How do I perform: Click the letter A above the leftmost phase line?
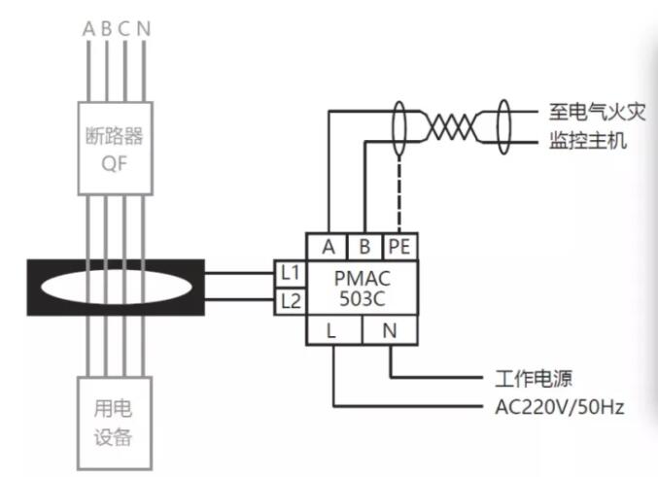pyautogui.click(x=88, y=28)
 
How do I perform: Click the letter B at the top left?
pyautogui.click(x=107, y=28)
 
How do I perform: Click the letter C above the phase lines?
pyautogui.click(x=124, y=28)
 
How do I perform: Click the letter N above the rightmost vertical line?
pyautogui.click(x=144, y=28)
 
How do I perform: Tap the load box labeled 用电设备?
pyautogui.click(x=116, y=425)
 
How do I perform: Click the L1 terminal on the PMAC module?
pyautogui.click(x=290, y=273)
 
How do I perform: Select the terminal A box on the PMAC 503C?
pyautogui.click(x=327, y=246)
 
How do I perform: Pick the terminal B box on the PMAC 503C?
pyautogui.click(x=364, y=246)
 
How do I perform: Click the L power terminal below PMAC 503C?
pyautogui.click(x=333, y=330)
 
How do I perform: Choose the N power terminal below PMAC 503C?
pyautogui.click(x=389, y=330)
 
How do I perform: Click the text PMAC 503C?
pyautogui.click(x=362, y=287)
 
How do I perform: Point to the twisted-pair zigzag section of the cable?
pyautogui.click(x=453, y=126)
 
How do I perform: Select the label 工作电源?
pyautogui.click(x=529, y=376)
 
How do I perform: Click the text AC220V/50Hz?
pyautogui.click(x=553, y=405)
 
